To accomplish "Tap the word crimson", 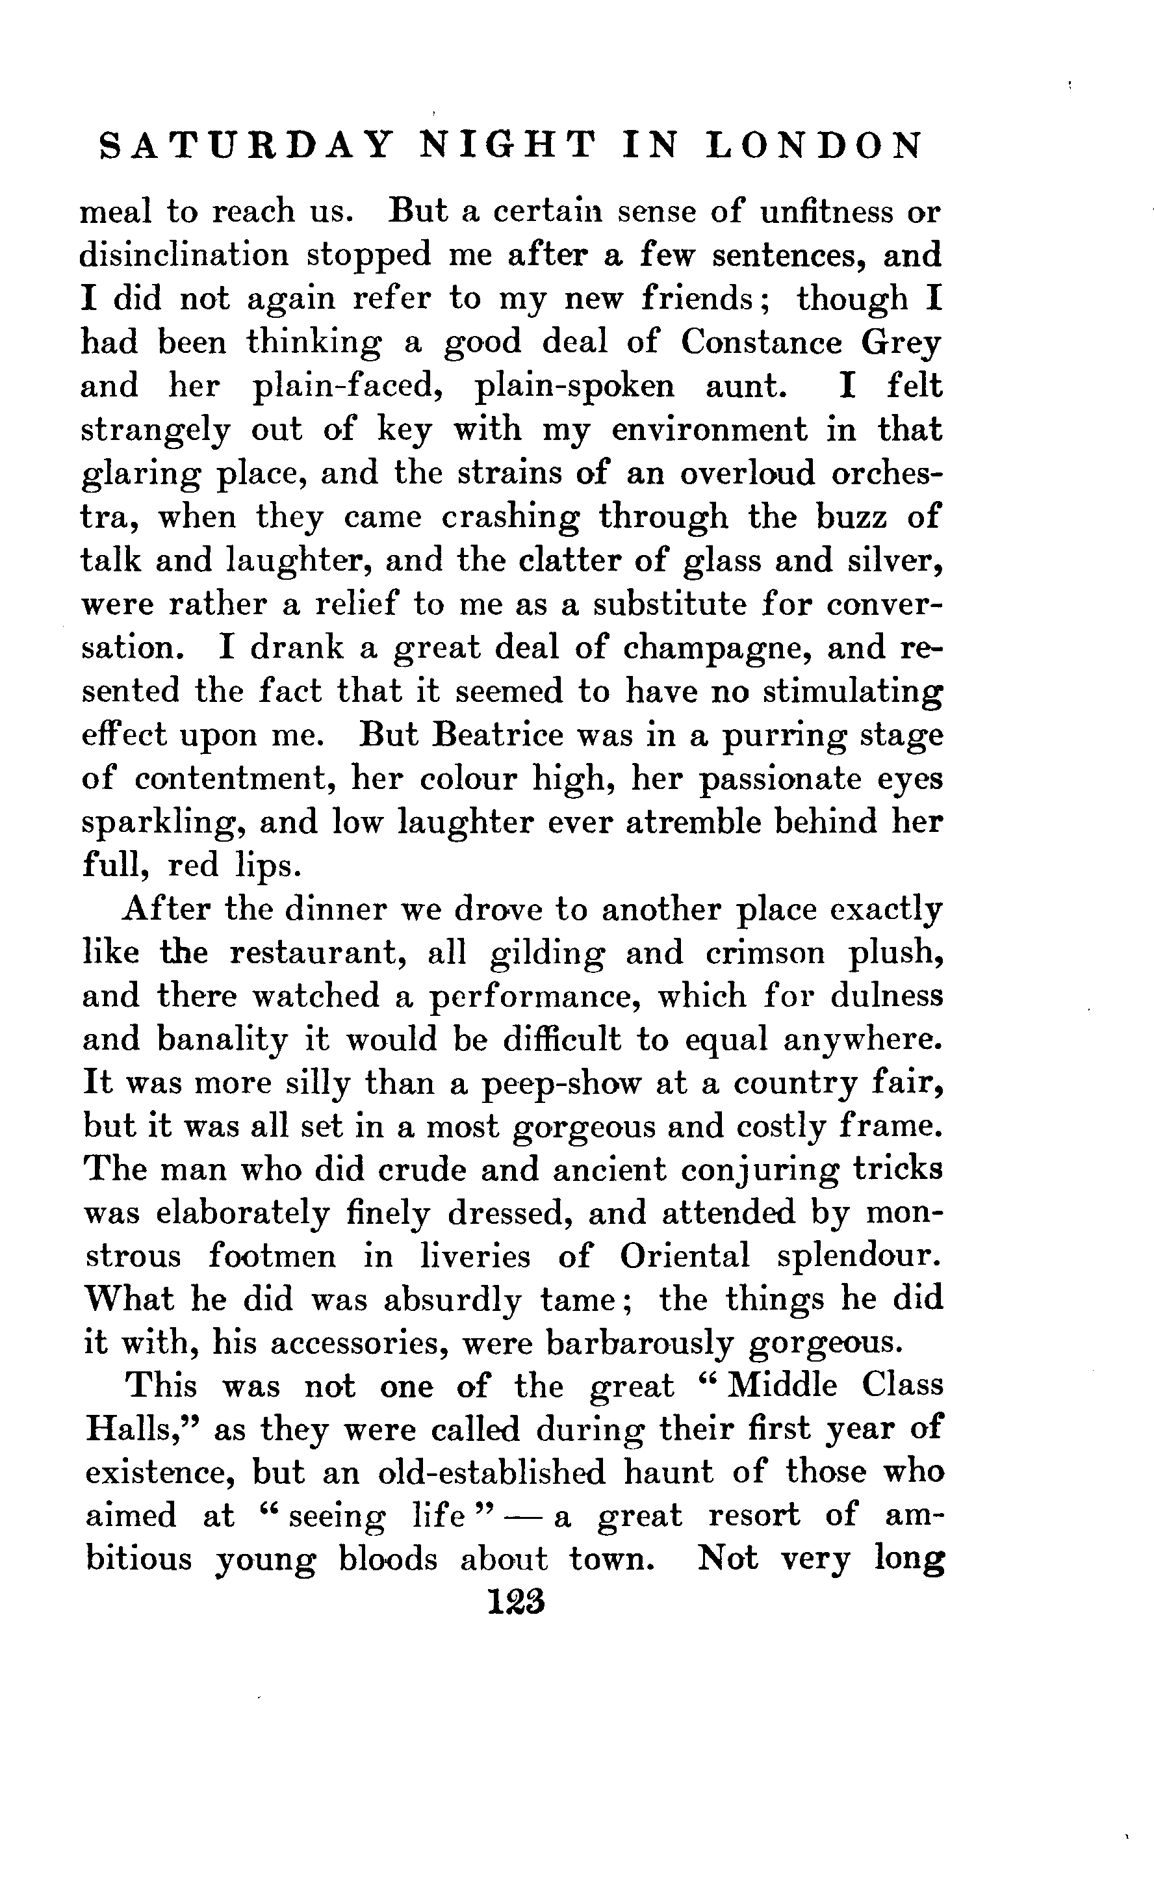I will tap(765, 953).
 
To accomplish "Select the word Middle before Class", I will tap(782, 1386).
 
